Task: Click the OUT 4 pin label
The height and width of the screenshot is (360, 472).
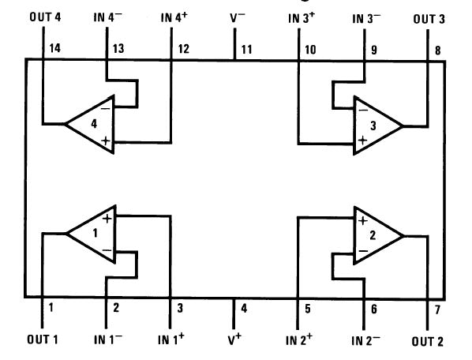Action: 45,17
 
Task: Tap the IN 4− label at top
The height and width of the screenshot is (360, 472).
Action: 107,17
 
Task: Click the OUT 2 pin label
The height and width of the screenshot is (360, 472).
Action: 427,341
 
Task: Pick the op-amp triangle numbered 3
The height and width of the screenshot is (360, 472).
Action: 375,124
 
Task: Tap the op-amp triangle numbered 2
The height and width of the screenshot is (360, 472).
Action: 375,234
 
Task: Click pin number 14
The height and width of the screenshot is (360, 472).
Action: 54,49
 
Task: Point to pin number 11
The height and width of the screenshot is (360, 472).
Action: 246,49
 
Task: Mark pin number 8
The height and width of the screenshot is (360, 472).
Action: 437,49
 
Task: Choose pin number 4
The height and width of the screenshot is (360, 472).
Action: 244,308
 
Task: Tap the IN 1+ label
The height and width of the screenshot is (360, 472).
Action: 171,340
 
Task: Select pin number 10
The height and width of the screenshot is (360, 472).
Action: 310,49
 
